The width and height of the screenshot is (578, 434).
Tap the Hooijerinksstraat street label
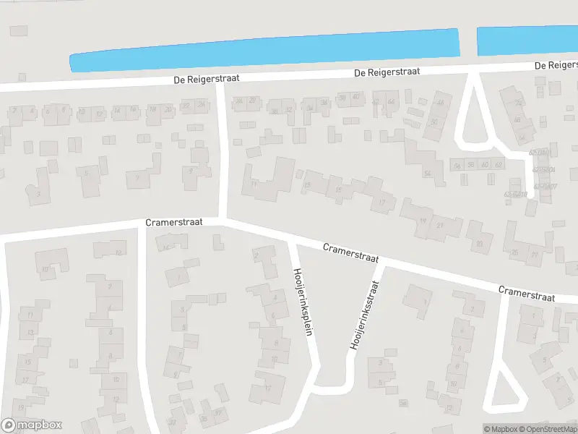(363, 317)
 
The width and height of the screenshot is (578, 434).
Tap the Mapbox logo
(32, 425)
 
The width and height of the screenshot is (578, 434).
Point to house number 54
(428, 174)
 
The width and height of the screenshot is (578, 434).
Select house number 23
(479, 244)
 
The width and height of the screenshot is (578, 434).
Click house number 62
(498, 165)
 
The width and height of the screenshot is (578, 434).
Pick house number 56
(457, 165)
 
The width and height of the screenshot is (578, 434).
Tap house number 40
(355, 97)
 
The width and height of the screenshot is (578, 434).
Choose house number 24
(202, 105)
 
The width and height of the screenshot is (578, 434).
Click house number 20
(168, 109)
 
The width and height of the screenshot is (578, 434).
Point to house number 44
(392, 101)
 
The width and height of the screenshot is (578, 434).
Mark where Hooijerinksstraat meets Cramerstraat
(380, 263)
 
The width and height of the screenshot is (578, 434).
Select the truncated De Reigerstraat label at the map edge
(556, 66)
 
